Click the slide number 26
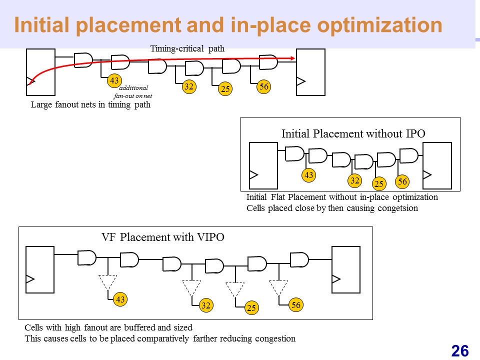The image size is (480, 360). pyautogui.click(x=460, y=351)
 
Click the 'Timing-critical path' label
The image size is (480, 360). pyautogui.click(x=187, y=48)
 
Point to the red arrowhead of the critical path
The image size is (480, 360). pyautogui.click(x=292, y=58)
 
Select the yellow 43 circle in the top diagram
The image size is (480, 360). pyautogui.click(x=114, y=81)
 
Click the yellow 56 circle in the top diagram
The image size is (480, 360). pyautogui.click(x=264, y=86)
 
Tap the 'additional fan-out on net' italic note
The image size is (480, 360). pyautogui.click(x=133, y=92)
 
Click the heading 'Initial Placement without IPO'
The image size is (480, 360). pyautogui.click(x=353, y=134)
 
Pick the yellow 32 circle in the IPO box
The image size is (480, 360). pyautogui.click(x=355, y=180)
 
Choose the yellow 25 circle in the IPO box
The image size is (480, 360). pyautogui.click(x=379, y=183)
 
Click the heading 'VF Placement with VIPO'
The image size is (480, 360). pyautogui.click(x=163, y=237)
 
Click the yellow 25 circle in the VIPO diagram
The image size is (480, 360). pyautogui.click(x=251, y=307)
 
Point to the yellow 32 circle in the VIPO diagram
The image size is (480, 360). pyautogui.click(x=206, y=305)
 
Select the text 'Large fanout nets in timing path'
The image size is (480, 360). pyautogui.click(x=90, y=104)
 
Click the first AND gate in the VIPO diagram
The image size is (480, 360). pyautogui.click(x=87, y=258)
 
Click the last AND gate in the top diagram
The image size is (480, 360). pyautogui.click(x=268, y=62)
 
